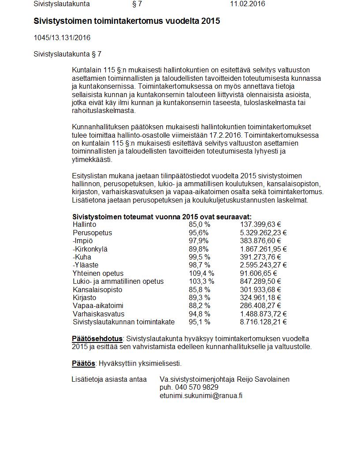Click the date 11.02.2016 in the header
(247, 4)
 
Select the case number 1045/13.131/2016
(62, 38)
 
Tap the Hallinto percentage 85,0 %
(199, 225)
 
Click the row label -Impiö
(82, 241)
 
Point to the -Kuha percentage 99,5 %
(199, 257)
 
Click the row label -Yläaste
(86, 265)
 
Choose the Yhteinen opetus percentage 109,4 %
(201, 273)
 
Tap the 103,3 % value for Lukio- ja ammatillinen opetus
(201, 281)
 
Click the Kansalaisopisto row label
(97, 289)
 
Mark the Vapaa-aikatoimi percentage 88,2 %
(199, 305)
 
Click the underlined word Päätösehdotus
(97, 339)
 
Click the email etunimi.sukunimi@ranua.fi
(201, 395)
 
